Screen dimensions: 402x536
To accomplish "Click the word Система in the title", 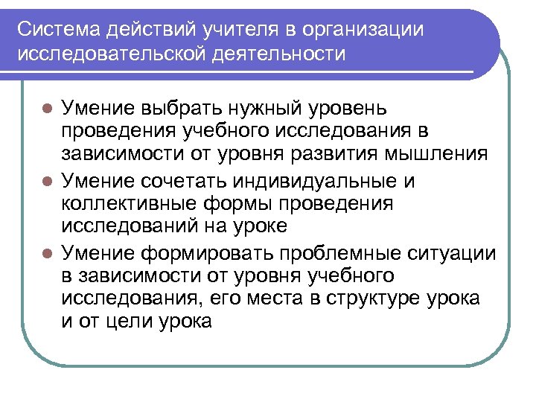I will click(59, 29).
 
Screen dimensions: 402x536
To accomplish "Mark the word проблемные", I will click(326, 253).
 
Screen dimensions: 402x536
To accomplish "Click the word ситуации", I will click(453, 253).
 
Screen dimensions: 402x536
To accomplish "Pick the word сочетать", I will click(192, 181).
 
